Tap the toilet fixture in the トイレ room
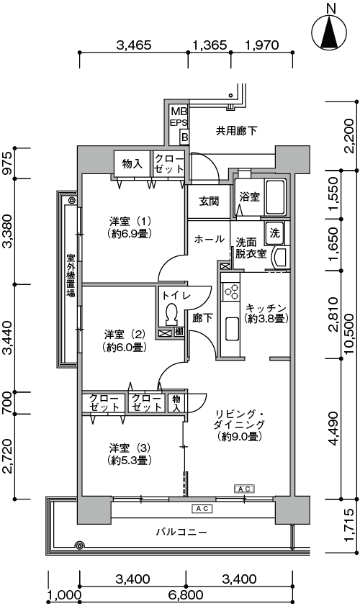(x=171, y=313)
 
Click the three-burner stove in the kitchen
(x=230, y=291)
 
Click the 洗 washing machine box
(x=275, y=233)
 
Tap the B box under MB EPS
(x=184, y=137)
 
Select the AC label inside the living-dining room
(x=245, y=488)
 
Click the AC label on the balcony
(x=202, y=508)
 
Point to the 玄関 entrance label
(x=209, y=201)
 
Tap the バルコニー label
(x=181, y=532)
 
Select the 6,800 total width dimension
(x=186, y=595)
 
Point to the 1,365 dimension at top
(x=210, y=45)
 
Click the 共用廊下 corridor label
(x=236, y=130)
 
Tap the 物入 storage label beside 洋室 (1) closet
(x=132, y=164)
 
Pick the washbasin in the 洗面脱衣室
(x=280, y=258)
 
